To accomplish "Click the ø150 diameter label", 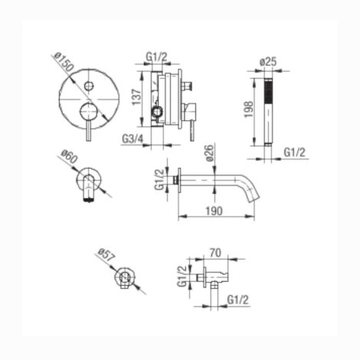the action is point(64,62).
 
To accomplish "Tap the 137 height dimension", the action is point(136,97).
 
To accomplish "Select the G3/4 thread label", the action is point(133,139).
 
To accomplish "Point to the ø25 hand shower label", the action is point(268,62).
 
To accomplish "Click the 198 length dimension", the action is point(249,110).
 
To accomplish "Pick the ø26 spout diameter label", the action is point(210,153).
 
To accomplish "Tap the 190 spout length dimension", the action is point(214,211).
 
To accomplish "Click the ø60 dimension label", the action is point(69,156).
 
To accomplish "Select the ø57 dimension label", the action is point(106,255).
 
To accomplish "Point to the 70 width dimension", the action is point(215,253).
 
